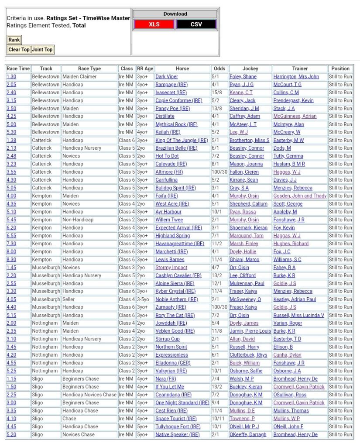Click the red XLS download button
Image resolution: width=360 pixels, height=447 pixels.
pos(154,24)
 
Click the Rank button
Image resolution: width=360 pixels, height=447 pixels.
pos(14,40)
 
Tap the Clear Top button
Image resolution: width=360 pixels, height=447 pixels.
pos(19,49)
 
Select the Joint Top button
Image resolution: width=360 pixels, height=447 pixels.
pos(42,49)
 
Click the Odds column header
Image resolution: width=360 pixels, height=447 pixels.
pos(219,69)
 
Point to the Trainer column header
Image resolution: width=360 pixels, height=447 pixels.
pos(300,69)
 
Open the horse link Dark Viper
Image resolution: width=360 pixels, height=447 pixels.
pos(167,76)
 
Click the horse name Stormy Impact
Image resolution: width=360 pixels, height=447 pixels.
pos(171,268)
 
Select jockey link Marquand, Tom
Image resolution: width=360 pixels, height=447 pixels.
pos(247,236)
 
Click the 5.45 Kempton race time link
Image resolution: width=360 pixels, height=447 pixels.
pos(11,220)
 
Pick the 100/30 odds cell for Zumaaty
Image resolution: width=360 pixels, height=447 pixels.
pos(219,307)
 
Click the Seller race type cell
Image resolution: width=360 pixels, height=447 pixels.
pos(69,299)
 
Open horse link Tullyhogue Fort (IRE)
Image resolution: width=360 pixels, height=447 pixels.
pos(178,426)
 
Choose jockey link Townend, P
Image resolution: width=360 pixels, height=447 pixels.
pos(242,419)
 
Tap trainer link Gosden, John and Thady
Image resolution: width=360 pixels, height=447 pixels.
pos(300,196)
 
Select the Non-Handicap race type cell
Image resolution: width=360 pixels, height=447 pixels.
pos(78,220)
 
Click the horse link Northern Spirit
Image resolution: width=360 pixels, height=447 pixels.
pos(171,347)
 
